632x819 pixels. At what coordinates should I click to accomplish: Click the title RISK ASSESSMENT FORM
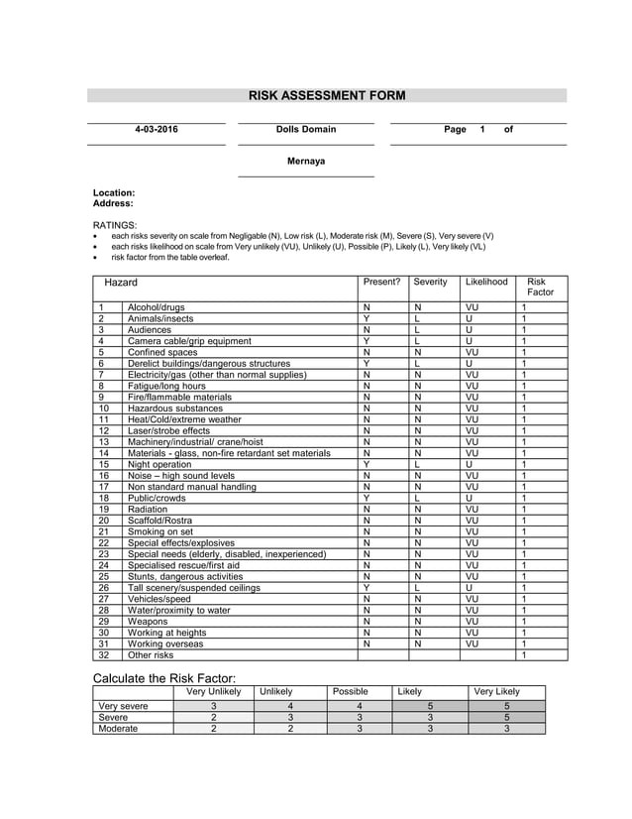click(x=326, y=96)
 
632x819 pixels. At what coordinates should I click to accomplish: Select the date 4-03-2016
click(x=157, y=130)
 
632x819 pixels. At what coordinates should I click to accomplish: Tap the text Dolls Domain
click(x=306, y=130)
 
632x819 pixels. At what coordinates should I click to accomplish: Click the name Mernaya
click(x=306, y=161)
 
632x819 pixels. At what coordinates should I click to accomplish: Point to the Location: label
click(x=114, y=192)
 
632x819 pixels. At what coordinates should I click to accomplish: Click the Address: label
click(x=113, y=203)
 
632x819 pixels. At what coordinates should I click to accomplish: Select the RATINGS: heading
click(x=115, y=225)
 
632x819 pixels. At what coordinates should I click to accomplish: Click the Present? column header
click(x=381, y=283)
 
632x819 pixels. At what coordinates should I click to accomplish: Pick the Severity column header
click(x=431, y=283)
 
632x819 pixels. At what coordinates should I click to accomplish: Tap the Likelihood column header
click(x=486, y=283)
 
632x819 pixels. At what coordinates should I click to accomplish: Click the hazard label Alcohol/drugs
click(x=156, y=308)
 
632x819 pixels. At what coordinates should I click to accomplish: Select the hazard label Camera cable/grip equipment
click(x=189, y=341)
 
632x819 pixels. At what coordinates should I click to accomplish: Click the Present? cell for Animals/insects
click(x=367, y=319)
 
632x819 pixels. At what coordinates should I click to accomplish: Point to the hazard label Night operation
click(x=159, y=464)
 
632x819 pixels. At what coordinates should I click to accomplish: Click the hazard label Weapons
click(x=148, y=621)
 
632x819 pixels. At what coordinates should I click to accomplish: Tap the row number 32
click(x=102, y=654)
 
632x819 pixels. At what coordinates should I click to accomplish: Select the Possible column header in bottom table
click(x=350, y=691)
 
